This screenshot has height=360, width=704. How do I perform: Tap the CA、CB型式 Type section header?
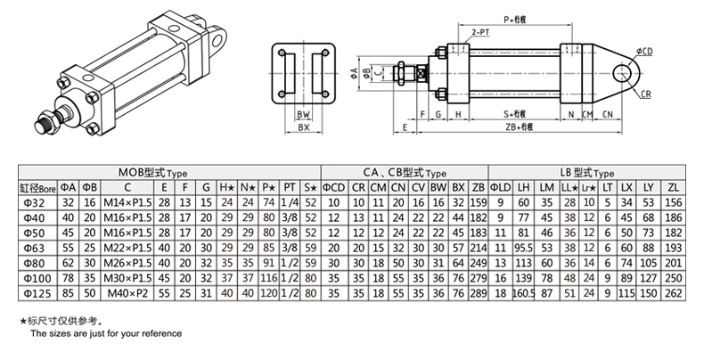click(404, 173)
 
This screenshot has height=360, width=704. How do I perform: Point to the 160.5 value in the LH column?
click(523, 291)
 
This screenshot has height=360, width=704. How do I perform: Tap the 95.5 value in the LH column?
click(523, 247)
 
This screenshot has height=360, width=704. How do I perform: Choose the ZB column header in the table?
click(478, 187)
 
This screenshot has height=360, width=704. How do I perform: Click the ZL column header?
click(673, 187)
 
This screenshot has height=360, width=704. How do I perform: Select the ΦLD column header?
click(501, 187)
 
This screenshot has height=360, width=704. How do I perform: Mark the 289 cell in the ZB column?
click(478, 291)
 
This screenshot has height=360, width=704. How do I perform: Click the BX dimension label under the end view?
click(303, 128)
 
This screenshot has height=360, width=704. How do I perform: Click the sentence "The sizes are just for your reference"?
click(106, 333)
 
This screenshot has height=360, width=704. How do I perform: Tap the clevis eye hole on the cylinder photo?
click(216, 38)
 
